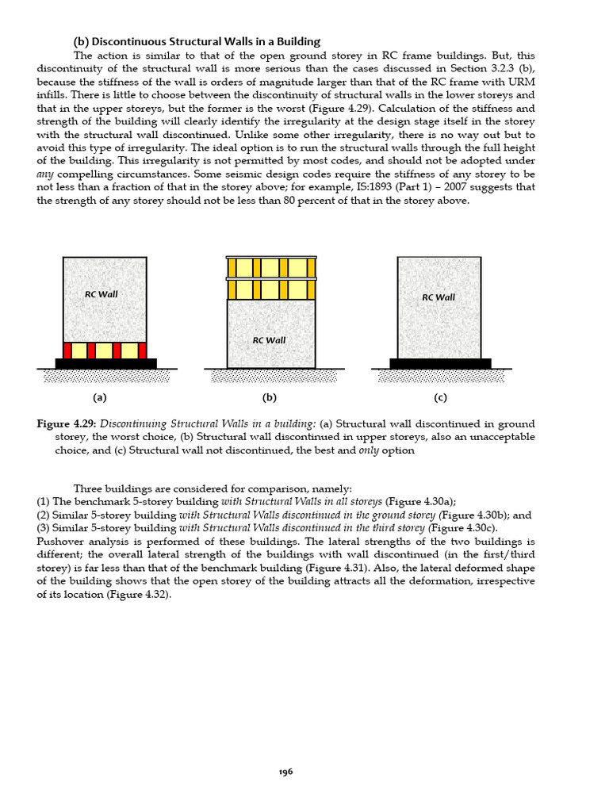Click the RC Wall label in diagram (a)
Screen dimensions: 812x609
pyautogui.click(x=101, y=294)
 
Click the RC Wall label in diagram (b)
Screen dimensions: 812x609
pyautogui.click(x=269, y=340)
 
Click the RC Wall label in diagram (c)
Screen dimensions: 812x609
pyautogui.click(x=438, y=297)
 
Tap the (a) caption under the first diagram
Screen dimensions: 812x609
pyautogui.click(x=99, y=398)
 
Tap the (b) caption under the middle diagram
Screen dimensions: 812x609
pyautogui.click(x=269, y=398)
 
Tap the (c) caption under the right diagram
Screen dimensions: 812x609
pyautogui.click(x=440, y=398)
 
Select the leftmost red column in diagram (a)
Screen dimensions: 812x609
pyautogui.click(x=67, y=350)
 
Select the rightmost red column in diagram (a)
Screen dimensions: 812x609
pyautogui.click(x=142, y=350)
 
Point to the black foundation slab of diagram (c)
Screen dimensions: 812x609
pyautogui.click(x=440, y=364)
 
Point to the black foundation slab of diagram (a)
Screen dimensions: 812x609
pyautogui.click(x=105, y=364)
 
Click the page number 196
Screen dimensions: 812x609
pyautogui.click(x=285, y=772)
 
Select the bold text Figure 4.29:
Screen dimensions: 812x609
pyautogui.click(x=67, y=424)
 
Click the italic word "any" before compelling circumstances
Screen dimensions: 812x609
pyautogui.click(x=45, y=174)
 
